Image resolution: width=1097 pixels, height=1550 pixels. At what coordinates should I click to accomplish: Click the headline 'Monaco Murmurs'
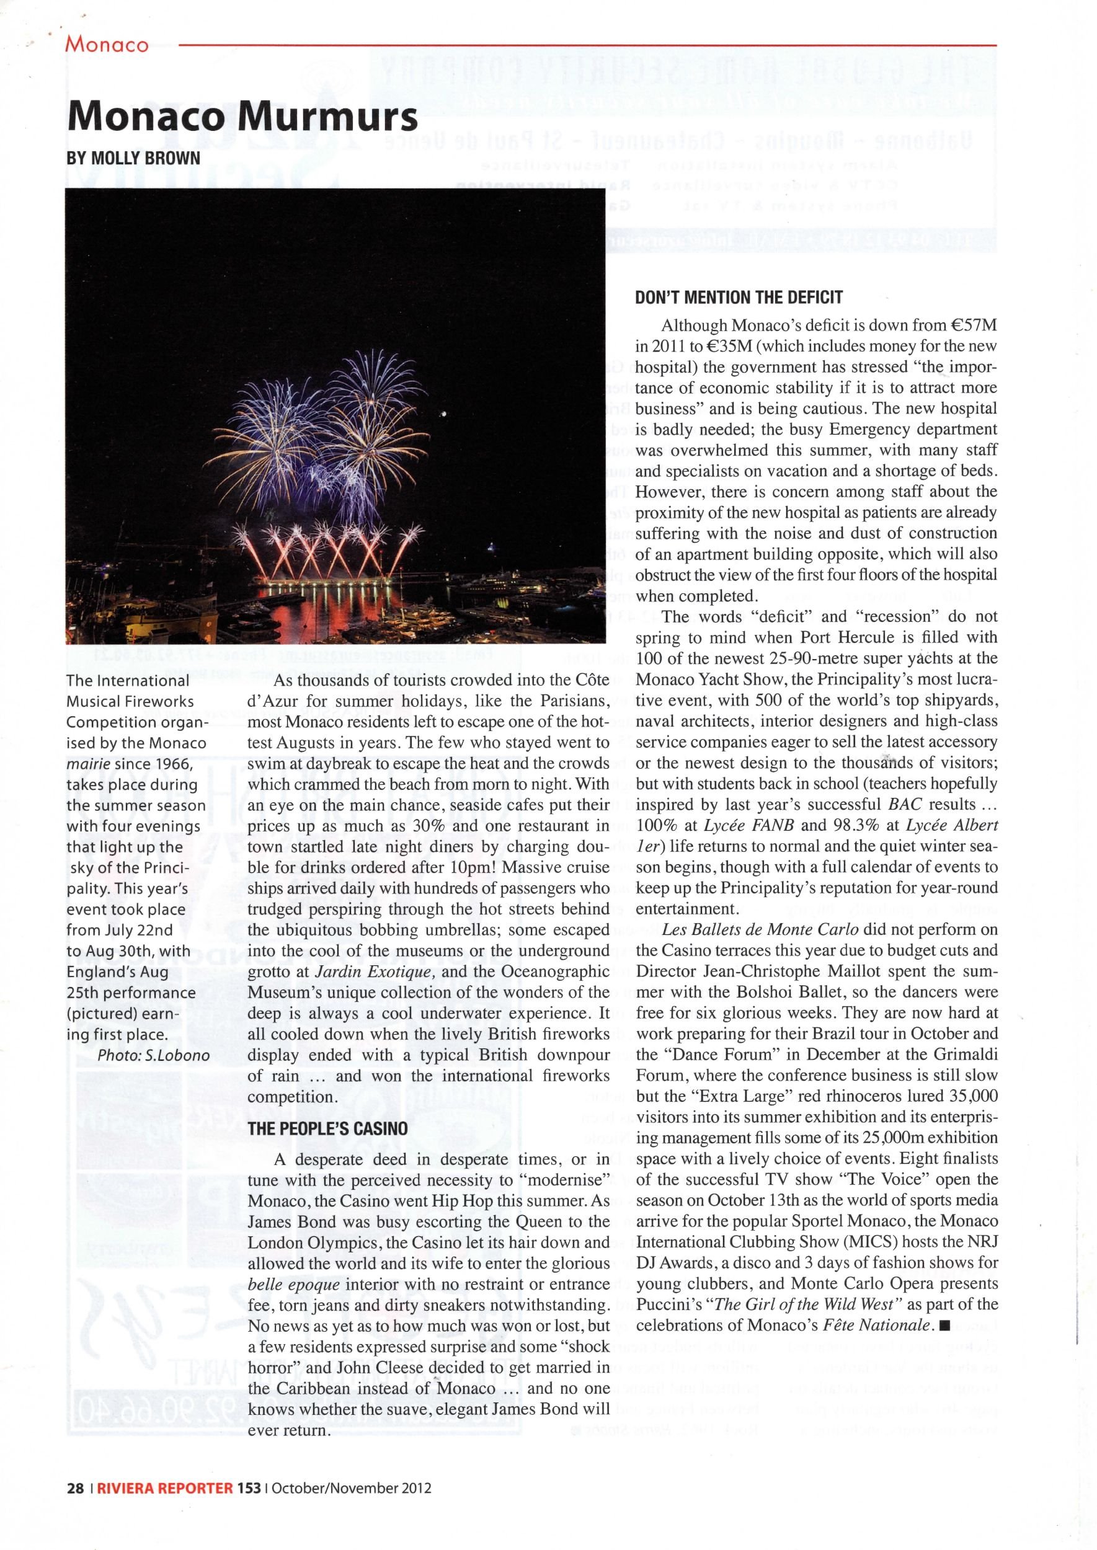pyautogui.click(x=242, y=118)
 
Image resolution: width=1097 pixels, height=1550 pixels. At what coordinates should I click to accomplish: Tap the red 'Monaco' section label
pyautogui.click(x=106, y=45)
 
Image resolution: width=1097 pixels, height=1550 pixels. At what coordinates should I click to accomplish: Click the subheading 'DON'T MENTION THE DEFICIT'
pyautogui.click(x=739, y=297)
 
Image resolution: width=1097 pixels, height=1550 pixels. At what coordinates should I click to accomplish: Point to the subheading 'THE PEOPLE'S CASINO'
pyautogui.click(x=327, y=1128)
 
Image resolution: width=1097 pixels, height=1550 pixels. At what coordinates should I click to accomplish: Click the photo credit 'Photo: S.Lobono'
pyautogui.click(x=153, y=1055)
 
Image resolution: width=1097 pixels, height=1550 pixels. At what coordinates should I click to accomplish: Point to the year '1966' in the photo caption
pyautogui.click(x=174, y=764)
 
